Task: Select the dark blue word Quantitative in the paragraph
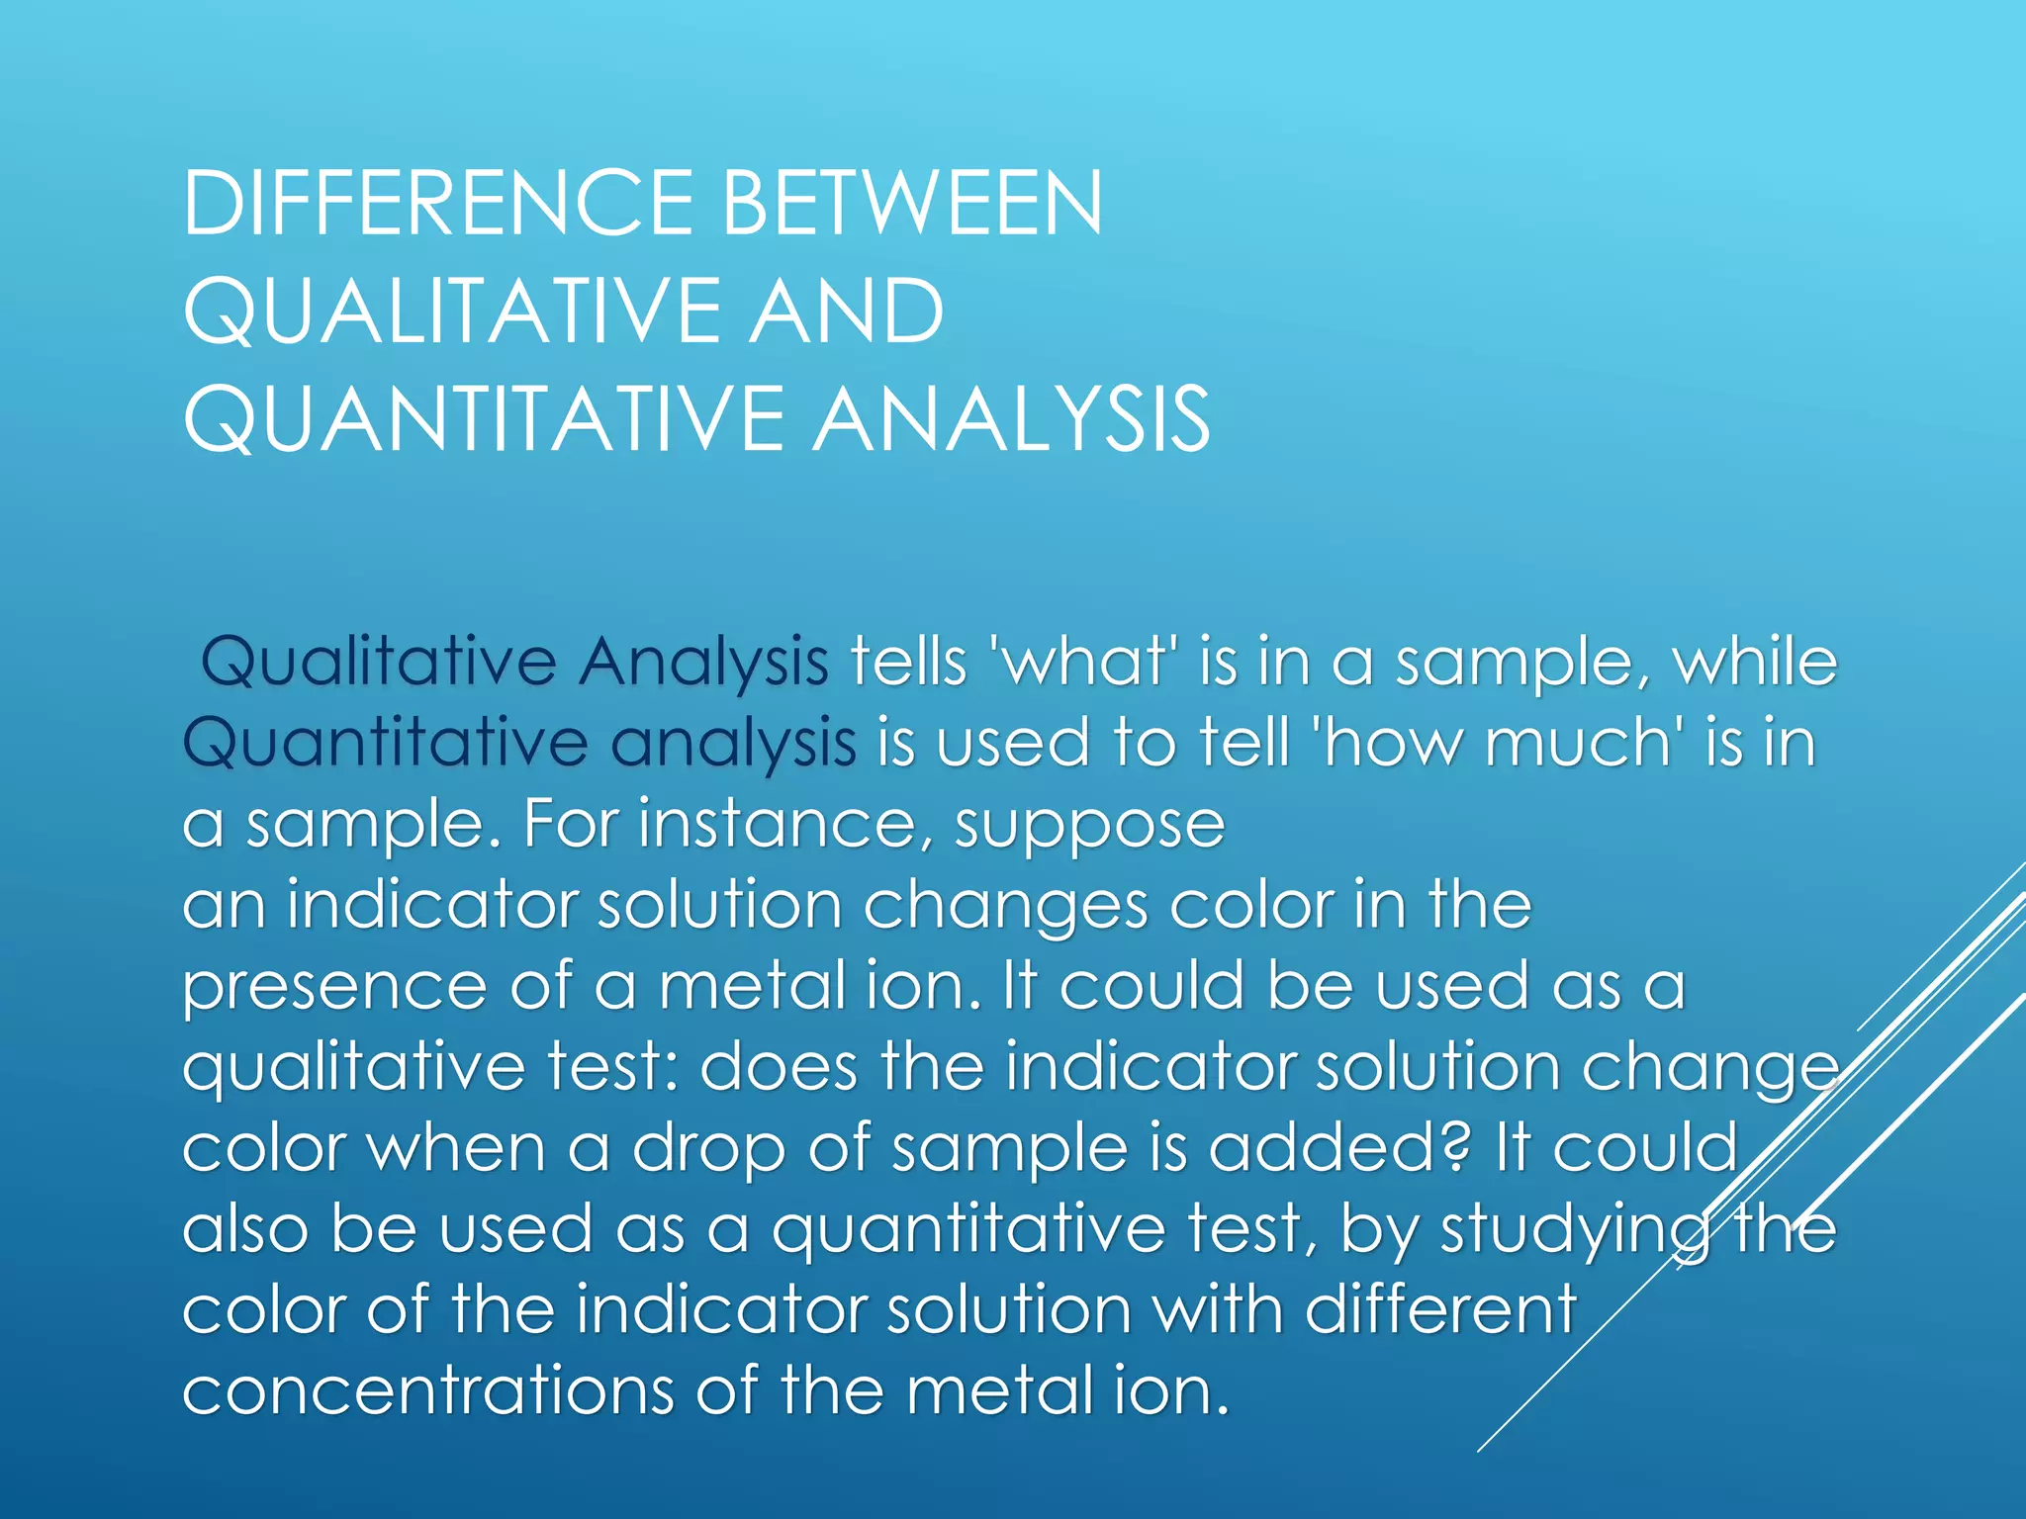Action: click(386, 743)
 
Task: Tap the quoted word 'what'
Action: click(1084, 662)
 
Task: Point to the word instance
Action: click(777, 824)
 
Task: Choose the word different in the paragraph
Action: click(1440, 1310)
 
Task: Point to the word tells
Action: click(908, 662)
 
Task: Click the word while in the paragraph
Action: click(1754, 662)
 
